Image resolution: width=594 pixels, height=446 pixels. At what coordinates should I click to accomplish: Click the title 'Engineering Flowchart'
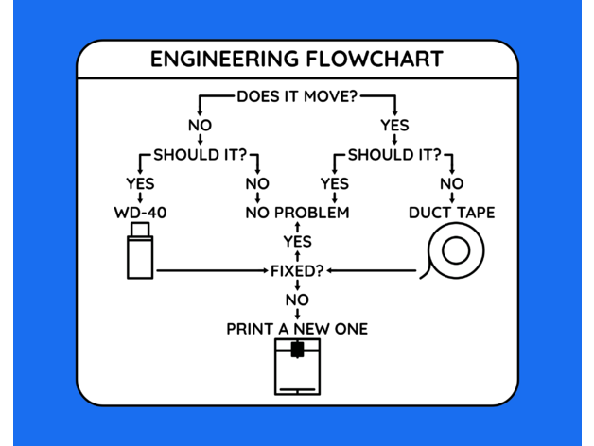pos(296,60)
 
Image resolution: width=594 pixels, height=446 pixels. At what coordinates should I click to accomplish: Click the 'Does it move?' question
pos(296,95)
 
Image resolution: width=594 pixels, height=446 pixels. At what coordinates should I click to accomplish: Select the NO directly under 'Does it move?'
pos(201,125)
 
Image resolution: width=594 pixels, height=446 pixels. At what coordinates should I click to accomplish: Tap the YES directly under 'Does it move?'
pos(394,125)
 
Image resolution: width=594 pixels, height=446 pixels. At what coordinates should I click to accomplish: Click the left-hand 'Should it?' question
pos(200,154)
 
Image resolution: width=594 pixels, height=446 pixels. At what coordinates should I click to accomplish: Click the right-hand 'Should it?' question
pos(394,154)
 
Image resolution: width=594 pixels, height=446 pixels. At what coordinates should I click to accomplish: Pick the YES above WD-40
pos(140,183)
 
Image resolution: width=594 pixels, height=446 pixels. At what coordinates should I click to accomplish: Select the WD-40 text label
pos(140,213)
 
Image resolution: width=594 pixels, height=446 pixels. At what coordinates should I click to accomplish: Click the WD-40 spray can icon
pos(140,256)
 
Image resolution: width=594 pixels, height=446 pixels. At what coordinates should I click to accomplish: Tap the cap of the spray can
pos(140,230)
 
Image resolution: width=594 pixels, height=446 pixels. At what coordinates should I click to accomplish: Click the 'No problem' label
pos(297,213)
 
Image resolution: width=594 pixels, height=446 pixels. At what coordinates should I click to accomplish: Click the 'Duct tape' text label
pos(451,213)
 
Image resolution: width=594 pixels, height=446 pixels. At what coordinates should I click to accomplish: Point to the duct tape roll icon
pos(455,252)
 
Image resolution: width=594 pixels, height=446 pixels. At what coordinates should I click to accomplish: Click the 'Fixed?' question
pos(297,271)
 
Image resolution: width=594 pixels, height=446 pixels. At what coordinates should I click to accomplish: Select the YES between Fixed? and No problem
pos(297,242)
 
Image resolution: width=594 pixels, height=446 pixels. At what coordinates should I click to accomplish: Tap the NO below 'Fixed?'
pos(297,300)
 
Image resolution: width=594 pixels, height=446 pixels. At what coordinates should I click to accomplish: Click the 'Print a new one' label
pos(297,329)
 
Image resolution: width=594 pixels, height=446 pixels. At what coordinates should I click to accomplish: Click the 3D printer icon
pos(297,367)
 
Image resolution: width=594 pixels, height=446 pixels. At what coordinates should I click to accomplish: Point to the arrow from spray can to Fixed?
pos(213,271)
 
